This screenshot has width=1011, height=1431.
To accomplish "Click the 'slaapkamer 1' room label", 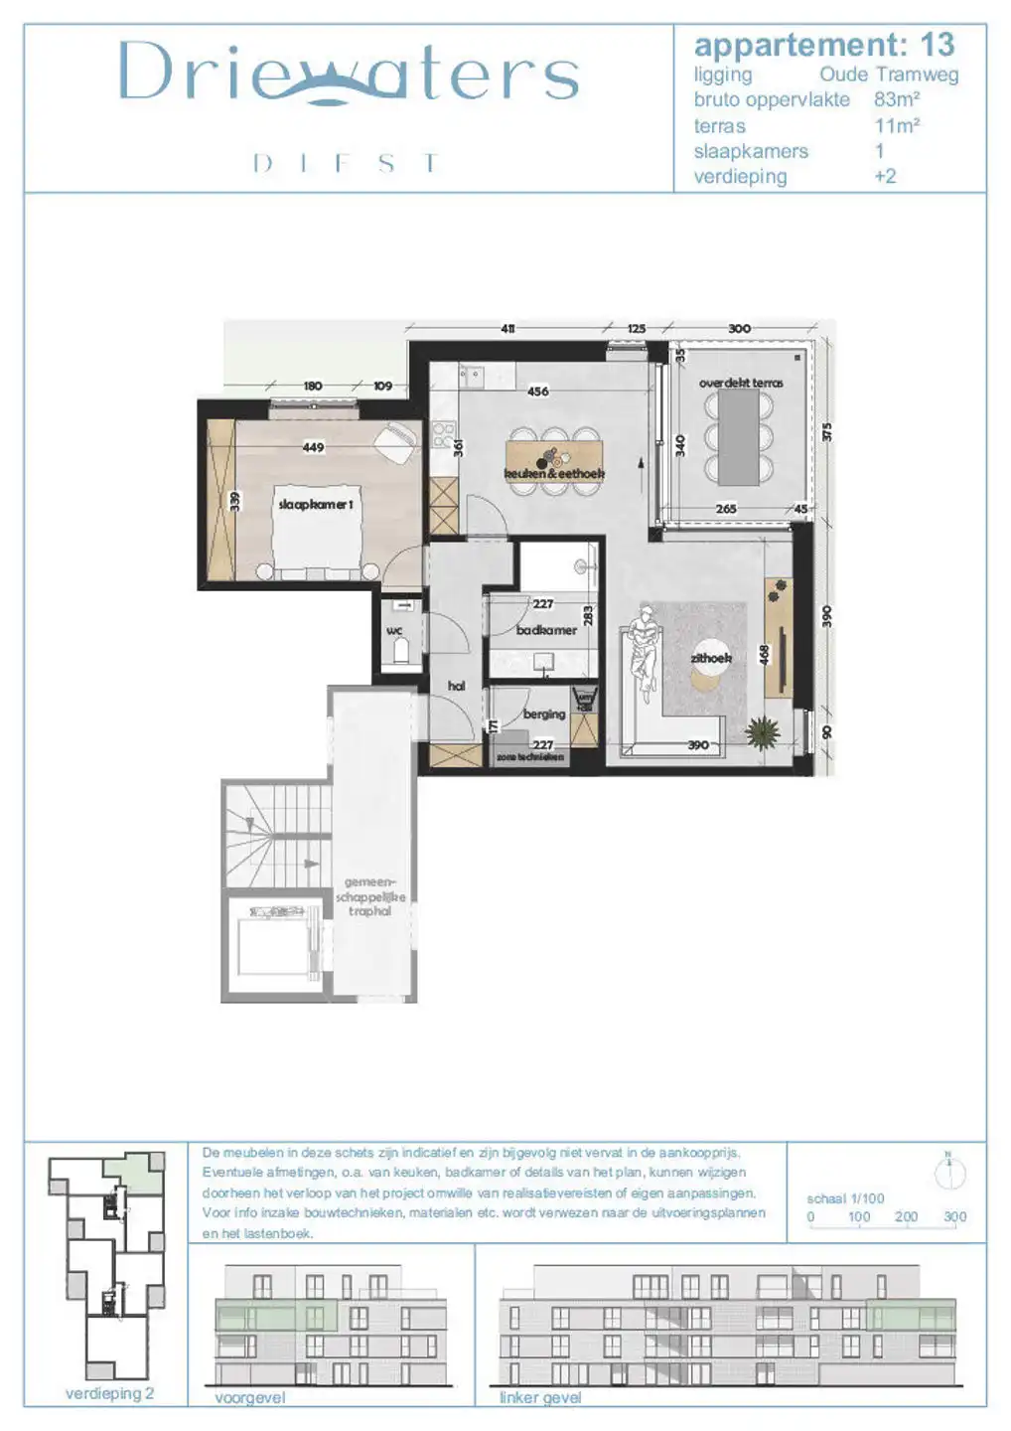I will [315, 505].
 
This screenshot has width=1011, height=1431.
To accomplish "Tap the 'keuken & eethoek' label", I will [554, 474].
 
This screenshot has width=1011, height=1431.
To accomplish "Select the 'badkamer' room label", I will [546, 630].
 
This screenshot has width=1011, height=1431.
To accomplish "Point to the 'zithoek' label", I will [711, 658].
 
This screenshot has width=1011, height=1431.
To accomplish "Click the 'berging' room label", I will [543, 714].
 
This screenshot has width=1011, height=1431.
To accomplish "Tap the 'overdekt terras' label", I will [741, 383].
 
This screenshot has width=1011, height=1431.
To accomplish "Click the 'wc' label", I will [394, 631].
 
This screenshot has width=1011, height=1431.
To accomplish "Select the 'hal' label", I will [456, 686].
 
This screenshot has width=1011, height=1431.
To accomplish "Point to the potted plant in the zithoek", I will [763, 733].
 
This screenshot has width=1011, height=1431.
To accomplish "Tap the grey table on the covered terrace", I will [739, 434].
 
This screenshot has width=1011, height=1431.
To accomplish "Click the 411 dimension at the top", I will [507, 329].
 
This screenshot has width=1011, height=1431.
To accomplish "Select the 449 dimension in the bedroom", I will [313, 447].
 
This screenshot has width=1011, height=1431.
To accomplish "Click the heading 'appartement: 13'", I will [823, 45].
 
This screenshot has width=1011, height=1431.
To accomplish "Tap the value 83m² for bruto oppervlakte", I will [896, 99].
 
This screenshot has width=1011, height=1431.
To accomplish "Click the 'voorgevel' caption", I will [249, 1397].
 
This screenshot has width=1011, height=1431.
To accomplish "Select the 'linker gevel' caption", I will [539, 1397].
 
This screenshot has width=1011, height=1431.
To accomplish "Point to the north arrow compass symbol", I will [950, 1173].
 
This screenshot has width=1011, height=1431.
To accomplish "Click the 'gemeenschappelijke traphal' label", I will [369, 896].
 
